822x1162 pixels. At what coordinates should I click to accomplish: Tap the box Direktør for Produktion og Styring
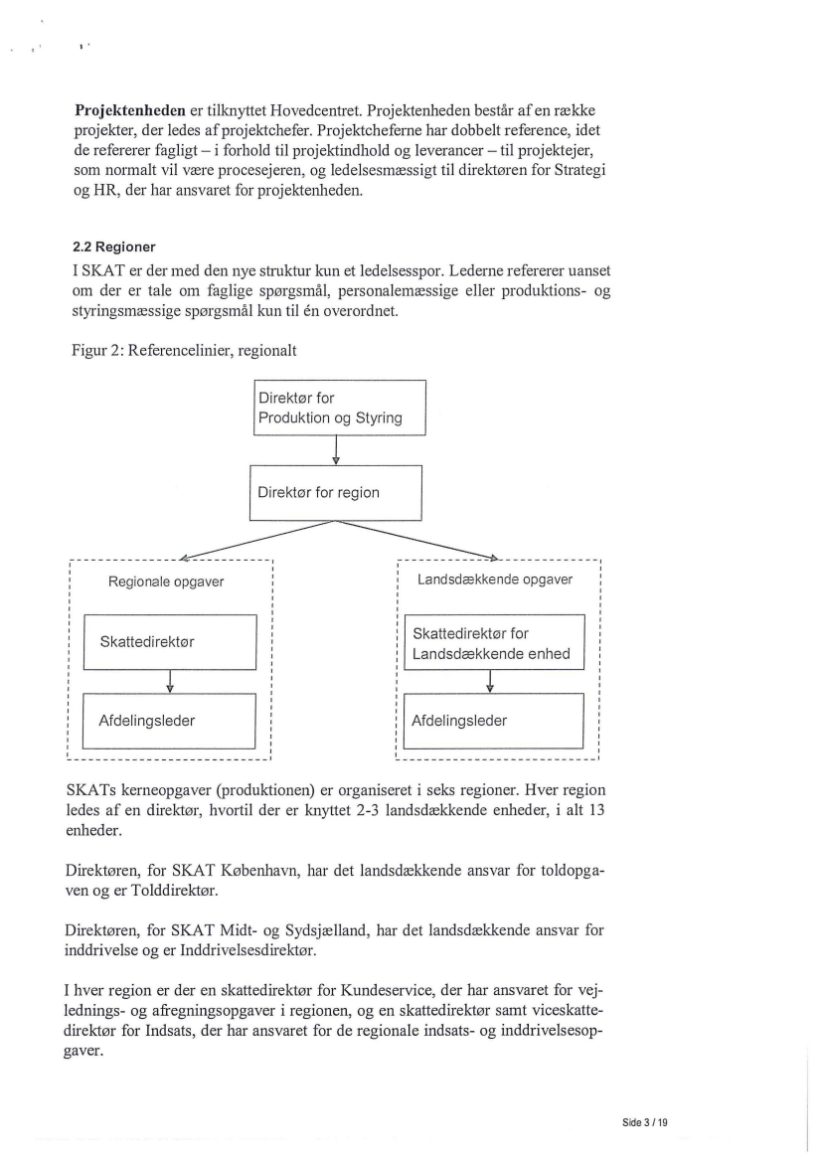[337, 408]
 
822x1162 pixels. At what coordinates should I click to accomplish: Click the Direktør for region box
[336, 492]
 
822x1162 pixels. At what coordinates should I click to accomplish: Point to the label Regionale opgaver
[166, 581]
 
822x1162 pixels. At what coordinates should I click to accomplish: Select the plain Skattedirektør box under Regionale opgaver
[170, 642]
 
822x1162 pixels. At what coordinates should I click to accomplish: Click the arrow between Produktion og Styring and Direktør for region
[337, 450]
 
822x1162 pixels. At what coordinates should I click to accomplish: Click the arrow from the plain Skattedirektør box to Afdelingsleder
[171, 681]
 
